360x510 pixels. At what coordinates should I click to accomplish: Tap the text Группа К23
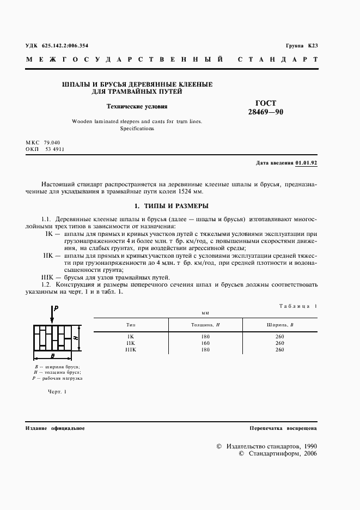(x=301, y=46)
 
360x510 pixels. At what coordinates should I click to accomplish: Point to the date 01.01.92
(x=307, y=162)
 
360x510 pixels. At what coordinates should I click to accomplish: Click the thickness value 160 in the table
(x=205, y=343)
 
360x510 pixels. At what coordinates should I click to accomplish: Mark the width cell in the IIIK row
(x=279, y=350)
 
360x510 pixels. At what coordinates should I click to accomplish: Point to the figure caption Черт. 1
(x=56, y=391)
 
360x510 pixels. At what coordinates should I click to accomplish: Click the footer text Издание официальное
(x=55, y=428)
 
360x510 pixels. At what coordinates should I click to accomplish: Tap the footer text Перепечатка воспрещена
(x=283, y=428)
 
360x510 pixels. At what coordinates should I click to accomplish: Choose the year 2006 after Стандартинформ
(x=310, y=453)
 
